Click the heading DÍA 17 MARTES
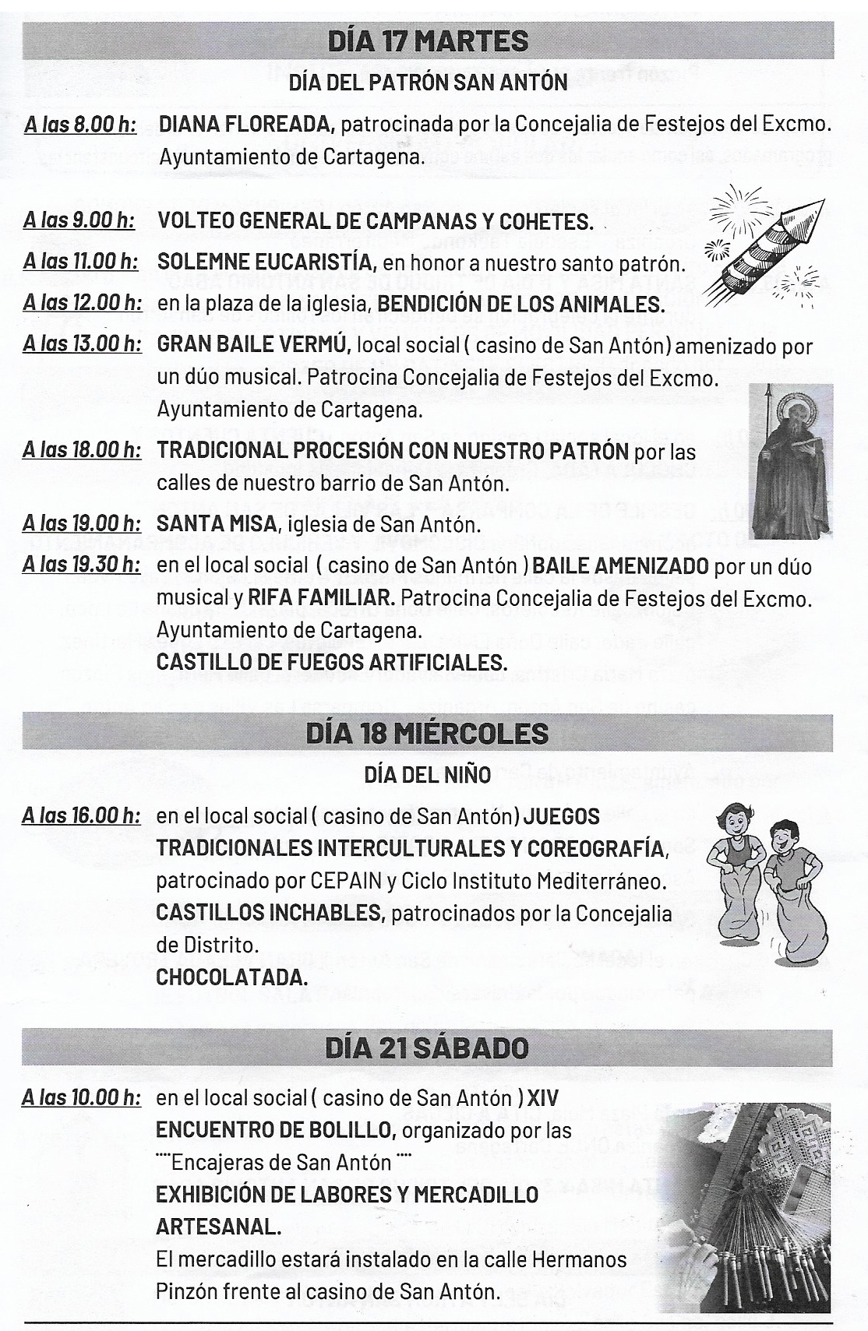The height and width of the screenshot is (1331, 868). pos(428,41)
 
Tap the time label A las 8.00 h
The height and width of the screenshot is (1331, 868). pos(80,125)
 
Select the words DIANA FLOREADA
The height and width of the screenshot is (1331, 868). pos(246,124)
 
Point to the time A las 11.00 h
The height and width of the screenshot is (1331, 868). pos(80,262)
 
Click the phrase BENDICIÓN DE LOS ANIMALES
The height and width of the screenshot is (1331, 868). pos(521,304)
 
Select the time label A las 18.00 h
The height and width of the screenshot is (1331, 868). pos(81,450)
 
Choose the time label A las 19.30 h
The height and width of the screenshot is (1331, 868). pos(81,565)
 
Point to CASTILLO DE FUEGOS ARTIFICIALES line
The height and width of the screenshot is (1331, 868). pos(332,662)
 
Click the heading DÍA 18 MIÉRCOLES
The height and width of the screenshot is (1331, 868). pos(427,734)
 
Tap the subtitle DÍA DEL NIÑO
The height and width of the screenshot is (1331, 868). pos(427,776)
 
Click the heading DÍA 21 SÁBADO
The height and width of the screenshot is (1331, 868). pos(427,1048)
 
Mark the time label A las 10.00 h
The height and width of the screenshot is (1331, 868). pos(81,1099)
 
